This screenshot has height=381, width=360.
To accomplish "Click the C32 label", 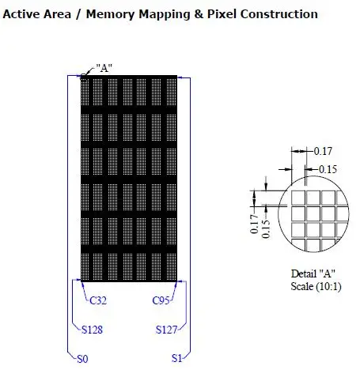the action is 98,300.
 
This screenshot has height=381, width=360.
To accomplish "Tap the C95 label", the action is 161,300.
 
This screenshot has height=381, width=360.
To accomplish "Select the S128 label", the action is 92,330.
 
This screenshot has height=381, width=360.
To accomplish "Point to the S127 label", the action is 166,330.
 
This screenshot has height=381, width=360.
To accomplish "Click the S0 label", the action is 82,359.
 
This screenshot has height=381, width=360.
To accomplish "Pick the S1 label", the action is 176,358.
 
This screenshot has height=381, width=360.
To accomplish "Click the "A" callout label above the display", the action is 104,68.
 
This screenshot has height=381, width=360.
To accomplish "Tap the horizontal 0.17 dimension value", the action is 323,151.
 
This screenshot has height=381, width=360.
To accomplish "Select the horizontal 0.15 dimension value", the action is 328,169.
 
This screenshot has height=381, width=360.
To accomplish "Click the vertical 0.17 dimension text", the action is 254,224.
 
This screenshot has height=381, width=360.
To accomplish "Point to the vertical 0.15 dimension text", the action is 266,229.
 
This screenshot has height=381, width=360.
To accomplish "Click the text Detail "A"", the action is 313,273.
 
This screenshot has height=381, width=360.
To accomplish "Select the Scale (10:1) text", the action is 316,286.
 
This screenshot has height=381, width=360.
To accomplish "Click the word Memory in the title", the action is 111,14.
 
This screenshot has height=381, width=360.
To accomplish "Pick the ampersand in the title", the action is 199,14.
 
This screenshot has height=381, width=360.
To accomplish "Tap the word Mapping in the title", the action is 165,14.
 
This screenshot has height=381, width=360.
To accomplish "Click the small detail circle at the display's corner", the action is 83,77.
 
